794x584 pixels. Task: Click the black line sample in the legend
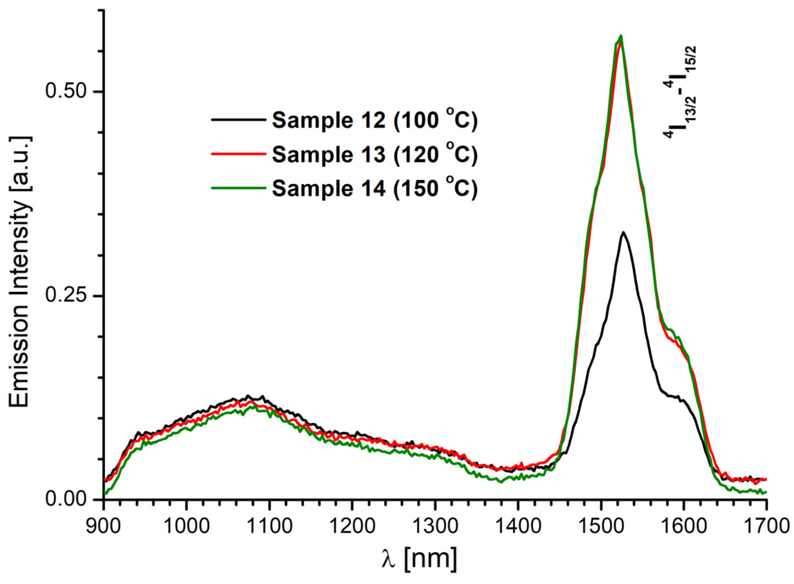(x=238, y=120)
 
